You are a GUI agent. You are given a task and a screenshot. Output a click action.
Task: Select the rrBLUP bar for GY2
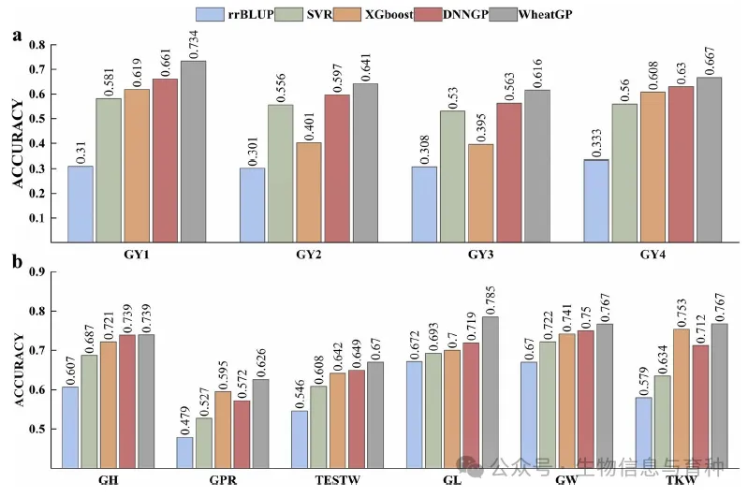click(x=252, y=205)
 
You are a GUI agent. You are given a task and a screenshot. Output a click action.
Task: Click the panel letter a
click(x=17, y=36)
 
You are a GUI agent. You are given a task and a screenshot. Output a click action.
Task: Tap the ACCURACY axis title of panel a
click(x=17, y=147)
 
